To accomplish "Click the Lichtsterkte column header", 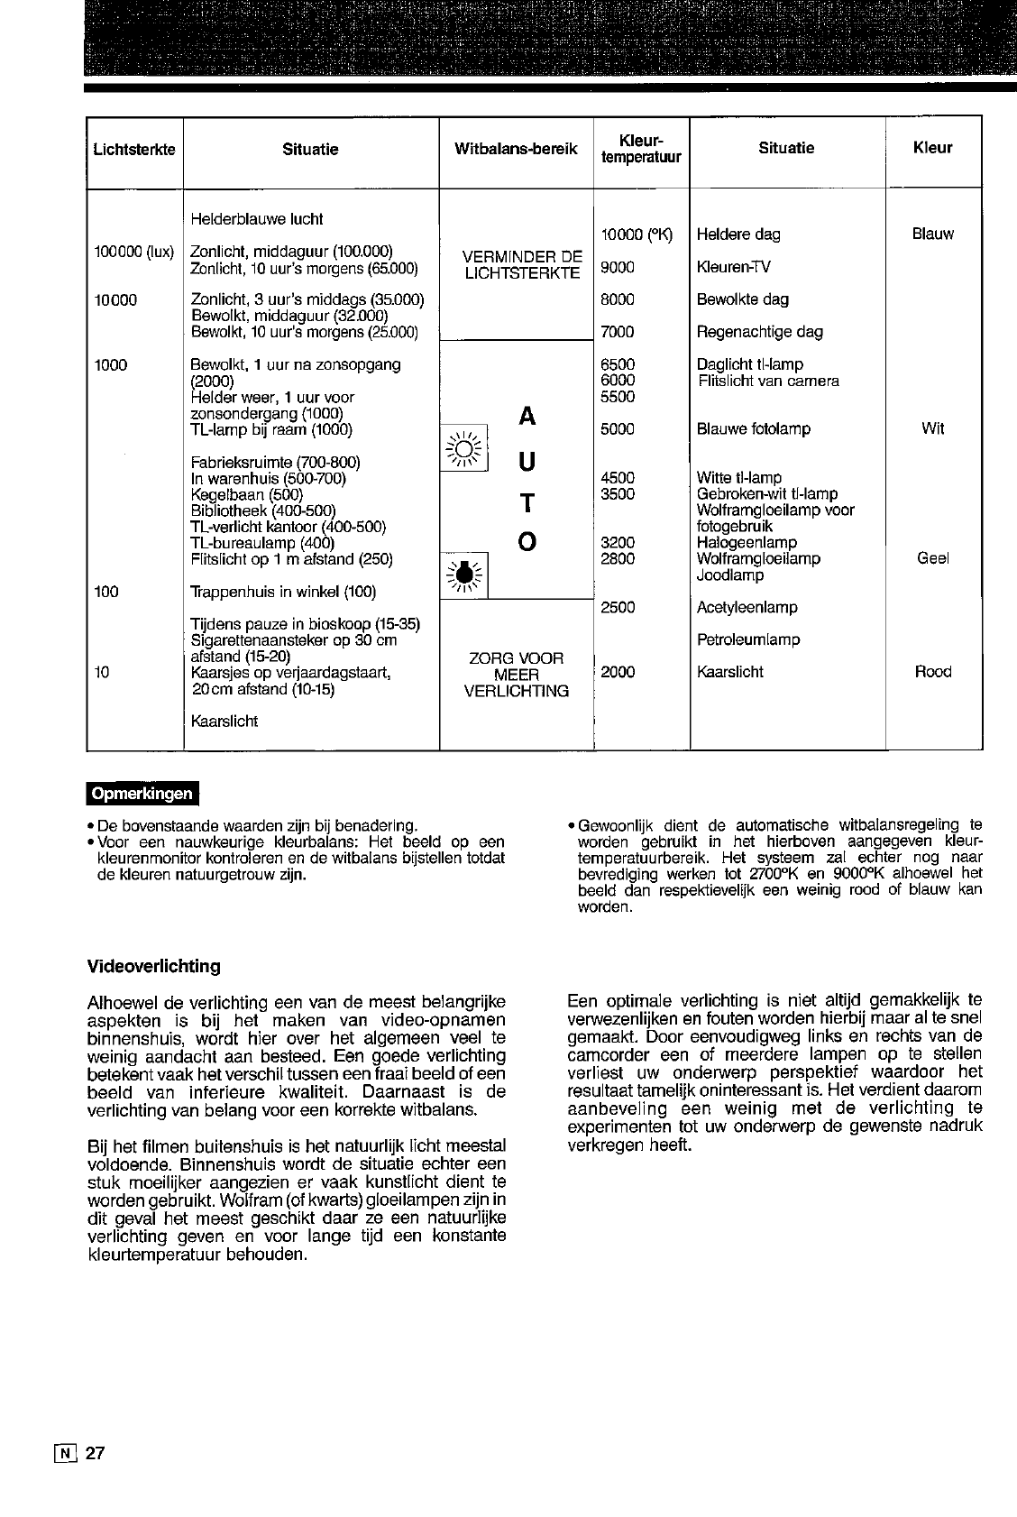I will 134,150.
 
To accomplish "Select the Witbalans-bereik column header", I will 516,150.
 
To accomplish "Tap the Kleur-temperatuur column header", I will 641,149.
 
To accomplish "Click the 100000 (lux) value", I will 134,251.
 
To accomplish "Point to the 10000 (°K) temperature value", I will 637,234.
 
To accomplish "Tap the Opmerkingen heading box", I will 142,794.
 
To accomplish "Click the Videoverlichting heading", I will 153,967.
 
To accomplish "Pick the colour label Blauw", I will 932,234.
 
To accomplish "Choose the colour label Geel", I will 932,559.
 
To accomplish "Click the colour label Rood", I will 932,672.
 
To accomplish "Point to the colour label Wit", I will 932,429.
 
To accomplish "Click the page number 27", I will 96,1454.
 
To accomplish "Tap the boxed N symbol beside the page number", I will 67,1454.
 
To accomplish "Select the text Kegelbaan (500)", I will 246,495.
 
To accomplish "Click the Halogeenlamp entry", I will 747,543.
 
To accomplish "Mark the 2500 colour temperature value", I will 618,608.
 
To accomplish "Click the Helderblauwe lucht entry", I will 257,219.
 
